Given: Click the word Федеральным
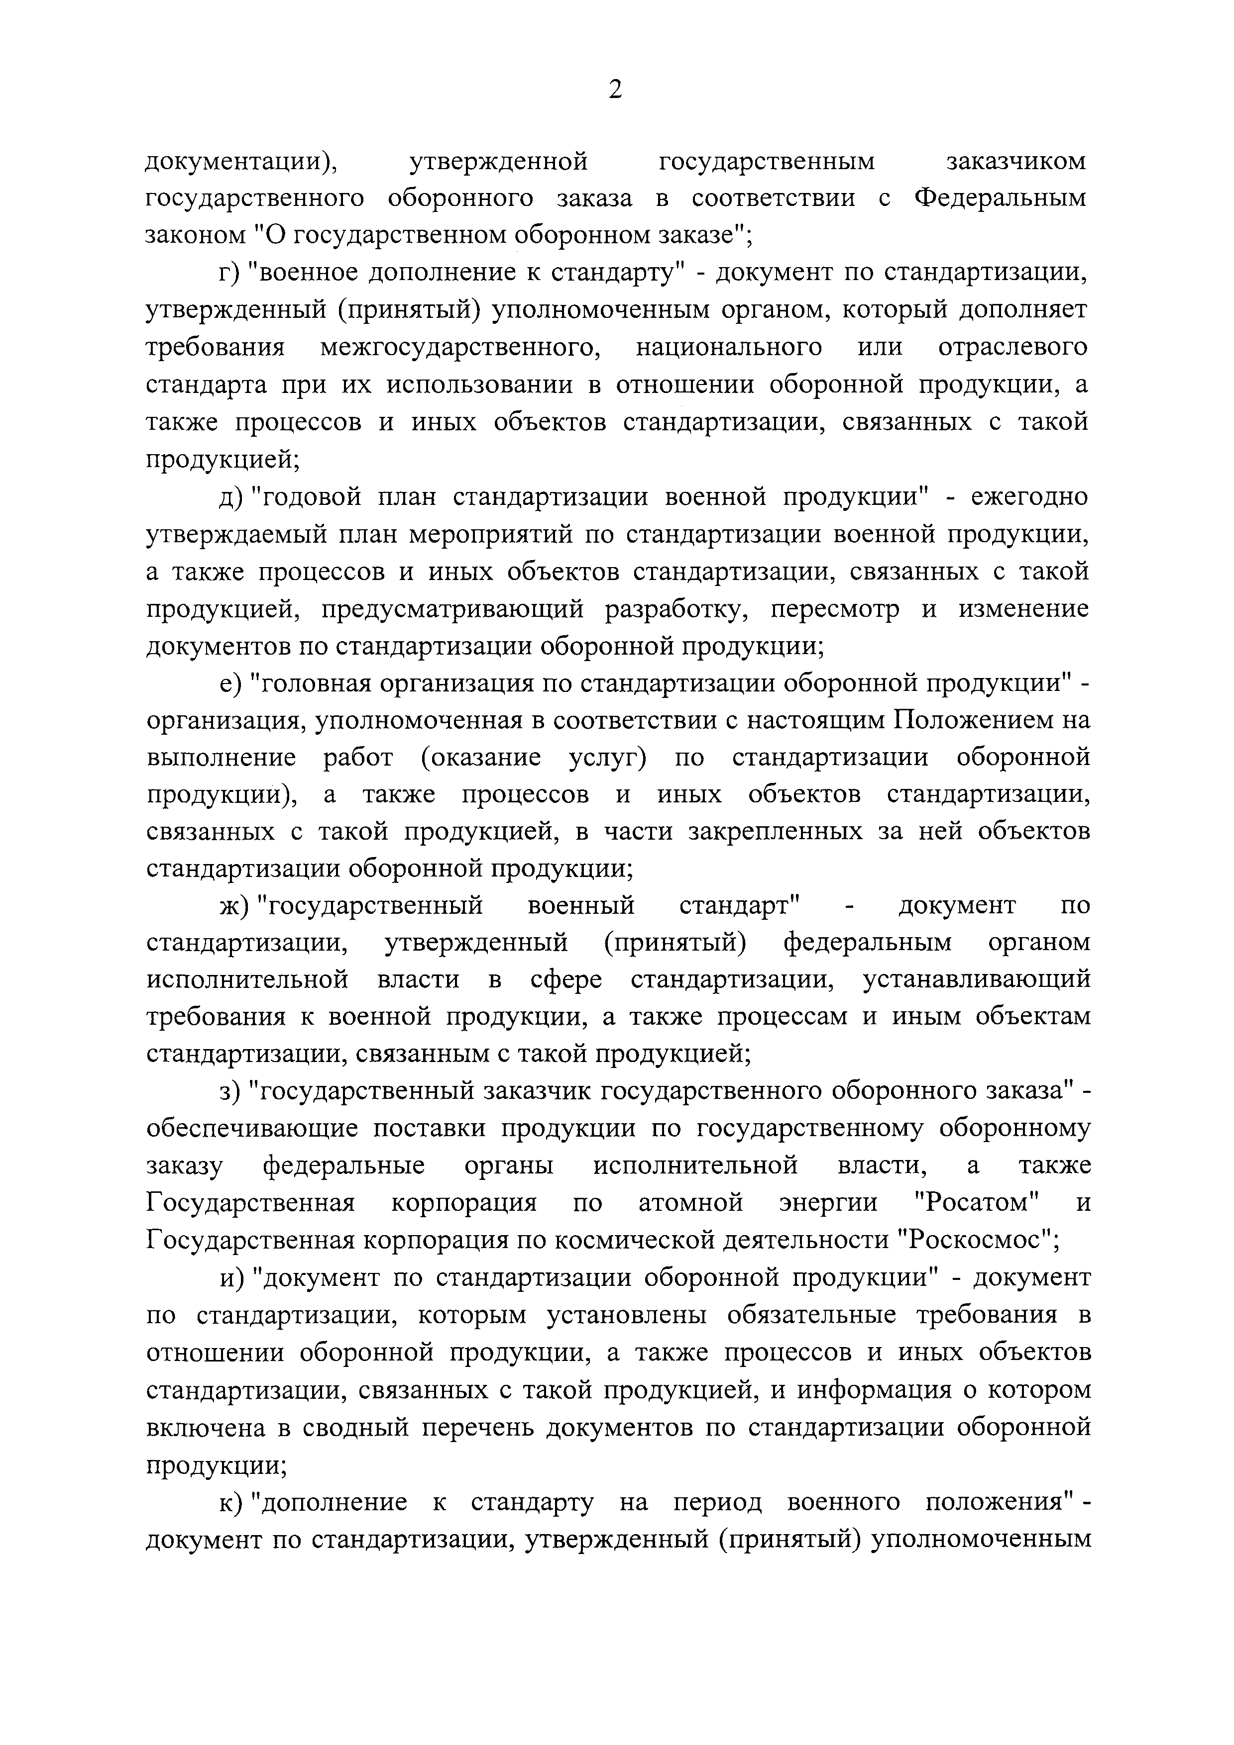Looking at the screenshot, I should tap(1000, 198).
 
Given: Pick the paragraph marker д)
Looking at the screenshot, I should tap(230, 497).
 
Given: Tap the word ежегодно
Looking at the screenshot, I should tap(1019, 497).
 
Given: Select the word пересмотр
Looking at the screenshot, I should tap(833, 609).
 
